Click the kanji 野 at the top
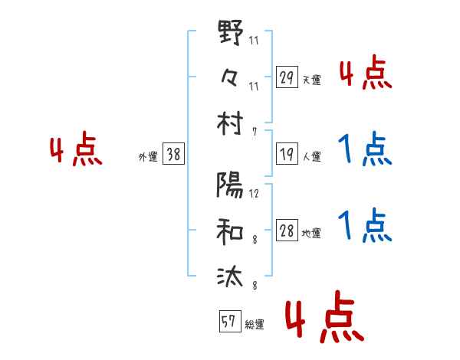tap(230, 34)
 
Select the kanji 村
tap(230, 123)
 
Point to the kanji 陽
tap(230, 186)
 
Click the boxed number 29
tap(286, 77)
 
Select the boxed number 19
tap(286, 154)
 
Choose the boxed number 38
tap(173, 154)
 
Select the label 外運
tap(147, 157)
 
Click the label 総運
tap(254, 324)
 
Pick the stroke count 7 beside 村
tap(254, 132)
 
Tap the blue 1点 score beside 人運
tap(364, 149)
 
